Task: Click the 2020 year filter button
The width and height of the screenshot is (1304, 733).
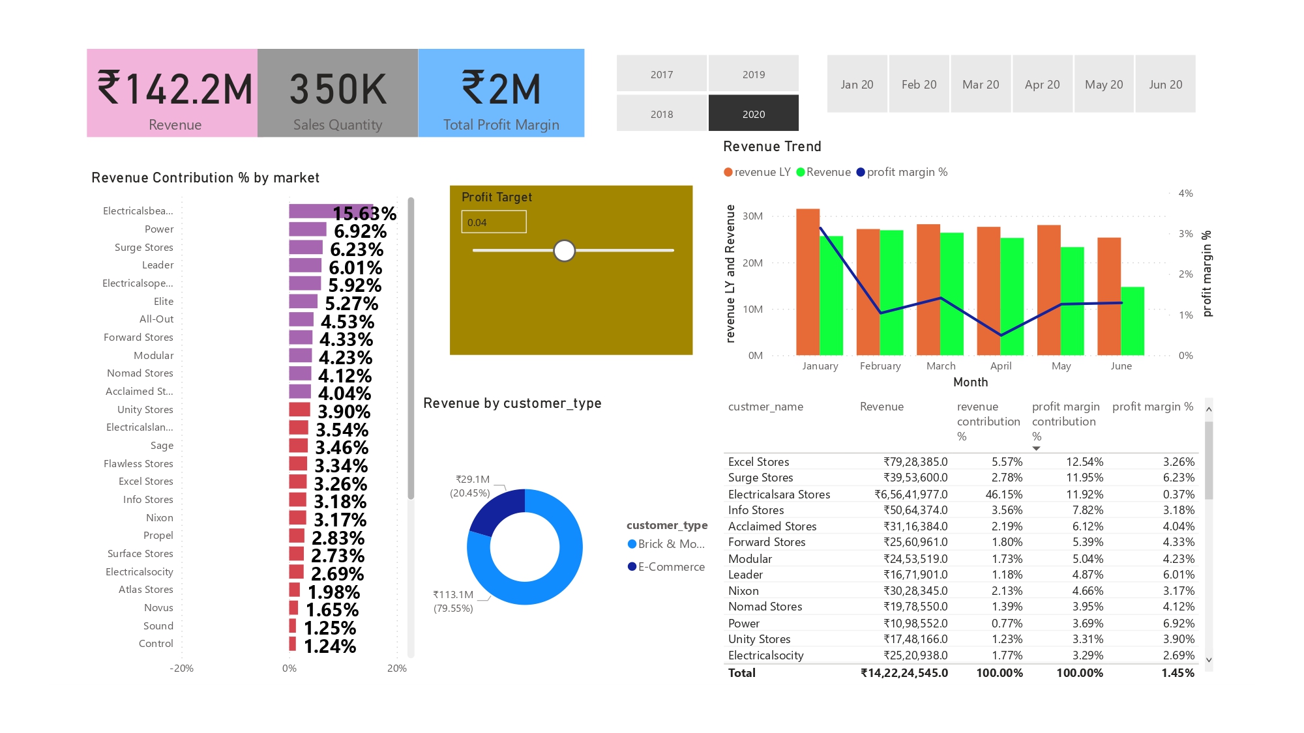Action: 753,114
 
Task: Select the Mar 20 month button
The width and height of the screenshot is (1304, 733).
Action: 981,85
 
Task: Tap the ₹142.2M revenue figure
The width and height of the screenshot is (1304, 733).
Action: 174,89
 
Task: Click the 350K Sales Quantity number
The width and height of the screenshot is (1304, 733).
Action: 338,89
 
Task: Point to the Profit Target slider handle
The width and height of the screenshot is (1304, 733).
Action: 564,250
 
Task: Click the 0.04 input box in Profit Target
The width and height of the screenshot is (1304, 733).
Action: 494,222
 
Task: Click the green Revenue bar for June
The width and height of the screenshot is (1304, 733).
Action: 1133,321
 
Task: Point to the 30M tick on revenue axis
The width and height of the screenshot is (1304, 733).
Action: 752,216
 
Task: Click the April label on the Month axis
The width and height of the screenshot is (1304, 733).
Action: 1001,366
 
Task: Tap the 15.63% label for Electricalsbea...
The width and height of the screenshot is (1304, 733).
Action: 364,214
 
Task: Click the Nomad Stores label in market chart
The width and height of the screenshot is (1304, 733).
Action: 140,373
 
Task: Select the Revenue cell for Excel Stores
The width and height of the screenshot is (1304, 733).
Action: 915,462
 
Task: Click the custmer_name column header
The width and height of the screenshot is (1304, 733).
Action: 765,407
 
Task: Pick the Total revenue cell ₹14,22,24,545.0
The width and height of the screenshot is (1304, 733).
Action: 904,673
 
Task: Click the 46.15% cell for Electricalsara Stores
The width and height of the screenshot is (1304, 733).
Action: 1003,495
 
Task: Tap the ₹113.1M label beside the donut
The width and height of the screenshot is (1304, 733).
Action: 453,595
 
